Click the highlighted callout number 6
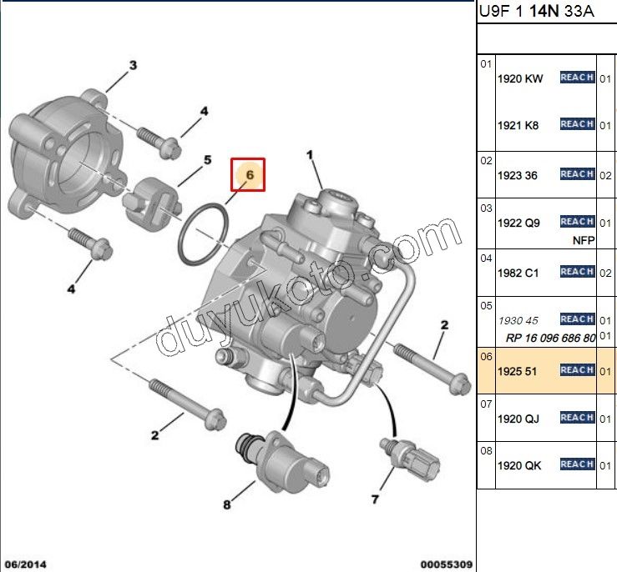click(x=250, y=175)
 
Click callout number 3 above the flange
click(x=134, y=65)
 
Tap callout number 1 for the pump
click(x=310, y=155)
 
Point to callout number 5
click(x=207, y=160)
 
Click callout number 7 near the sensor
click(x=375, y=499)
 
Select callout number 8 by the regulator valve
click(x=226, y=504)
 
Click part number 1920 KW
click(x=520, y=79)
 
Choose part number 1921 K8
click(x=518, y=126)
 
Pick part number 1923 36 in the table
click(x=518, y=176)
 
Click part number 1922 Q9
click(x=518, y=223)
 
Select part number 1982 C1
click(x=518, y=273)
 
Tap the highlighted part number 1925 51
click(x=517, y=371)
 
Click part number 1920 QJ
click(x=518, y=419)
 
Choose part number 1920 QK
click(x=519, y=465)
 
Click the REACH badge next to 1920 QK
click(x=577, y=464)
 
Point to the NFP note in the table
click(x=584, y=240)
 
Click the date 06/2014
click(x=25, y=564)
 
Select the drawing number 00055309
click(x=447, y=564)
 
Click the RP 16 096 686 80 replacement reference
click(x=550, y=338)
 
